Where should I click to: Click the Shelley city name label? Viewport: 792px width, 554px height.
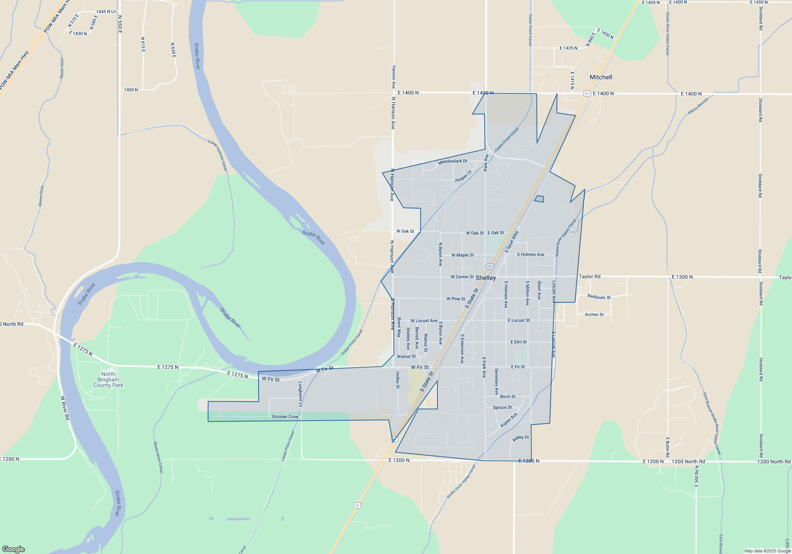click(x=485, y=278)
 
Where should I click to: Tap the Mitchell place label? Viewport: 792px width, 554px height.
click(x=601, y=77)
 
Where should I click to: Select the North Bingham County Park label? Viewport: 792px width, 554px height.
click(x=108, y=379)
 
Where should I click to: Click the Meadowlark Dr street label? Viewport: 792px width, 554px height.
click(x=453, y=161)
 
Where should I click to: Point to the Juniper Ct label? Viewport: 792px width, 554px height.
click(x=463, y=176)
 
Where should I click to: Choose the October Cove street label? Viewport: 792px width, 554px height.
click(x=285, y=417)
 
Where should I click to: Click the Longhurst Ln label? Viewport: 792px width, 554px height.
click(x=300, y=394)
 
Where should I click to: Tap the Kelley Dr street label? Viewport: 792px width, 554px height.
click(x=521, y=438)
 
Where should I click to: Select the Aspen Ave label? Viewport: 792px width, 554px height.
click(x=509, y=420)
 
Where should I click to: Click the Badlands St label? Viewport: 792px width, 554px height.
click(x=599, y=297)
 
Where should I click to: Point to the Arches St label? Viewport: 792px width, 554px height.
click(x=594, y=315)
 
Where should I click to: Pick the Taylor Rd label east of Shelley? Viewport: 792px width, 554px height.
click(x=589, y=277)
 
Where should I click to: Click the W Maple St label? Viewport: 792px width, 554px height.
click(x=463, y=255)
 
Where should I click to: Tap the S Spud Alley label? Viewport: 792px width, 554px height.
click(x=512, y=242)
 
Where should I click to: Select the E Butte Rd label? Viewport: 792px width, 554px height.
click(x=667, y=447)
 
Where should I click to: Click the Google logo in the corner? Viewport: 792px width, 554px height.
click(x=13, y=549)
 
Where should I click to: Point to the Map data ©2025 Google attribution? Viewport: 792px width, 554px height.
click(x=767, y=551)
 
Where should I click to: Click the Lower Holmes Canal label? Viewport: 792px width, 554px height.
click(x=218, y=155)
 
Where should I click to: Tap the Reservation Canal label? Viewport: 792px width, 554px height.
click(x=158, y=457)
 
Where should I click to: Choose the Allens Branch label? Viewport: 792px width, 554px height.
click(x=698, y=106)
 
